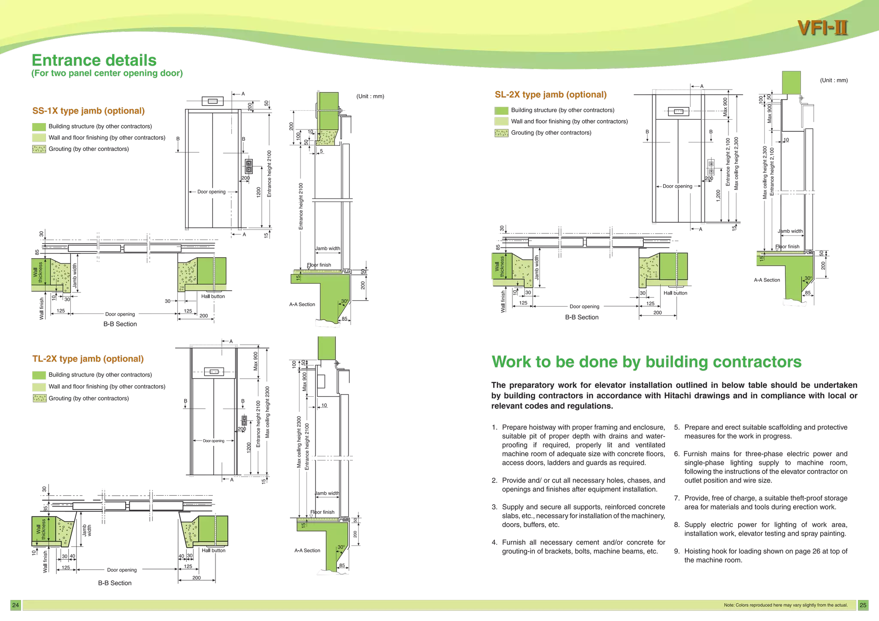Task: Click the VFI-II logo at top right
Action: (822, 28)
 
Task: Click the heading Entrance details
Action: (94, 60)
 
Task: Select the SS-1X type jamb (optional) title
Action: (88, 111)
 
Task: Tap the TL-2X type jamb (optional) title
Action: (88, 359)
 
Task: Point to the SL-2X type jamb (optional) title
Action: (551, 95)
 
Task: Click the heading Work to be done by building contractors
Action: (646, 362)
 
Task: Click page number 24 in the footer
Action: (15, 605)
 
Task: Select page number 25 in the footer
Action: (863, 605)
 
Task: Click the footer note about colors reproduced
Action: (785, 605)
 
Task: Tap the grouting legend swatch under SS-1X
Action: (39, 149)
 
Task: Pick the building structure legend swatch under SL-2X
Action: (501, 111)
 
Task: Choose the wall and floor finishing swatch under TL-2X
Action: (39, 387)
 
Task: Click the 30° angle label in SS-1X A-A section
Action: (345, 301)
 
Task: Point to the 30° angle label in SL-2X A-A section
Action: (808, 278)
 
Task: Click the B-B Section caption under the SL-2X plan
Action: (582, 317)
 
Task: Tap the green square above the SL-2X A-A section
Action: (791, 82)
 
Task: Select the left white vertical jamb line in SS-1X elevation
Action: (187, 168)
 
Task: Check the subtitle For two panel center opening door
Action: (107, 73)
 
